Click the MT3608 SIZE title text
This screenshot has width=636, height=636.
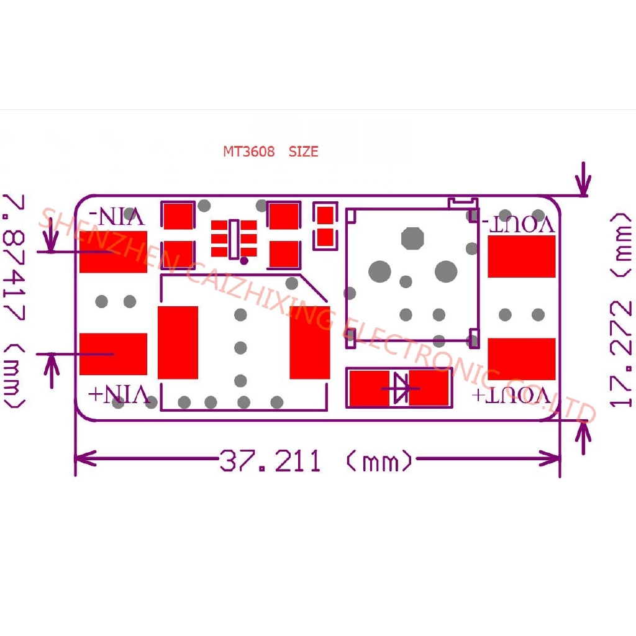coord(271,152)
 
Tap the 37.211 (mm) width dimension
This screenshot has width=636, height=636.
coord(316,461)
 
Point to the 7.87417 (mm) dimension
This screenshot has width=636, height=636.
coord(14,301)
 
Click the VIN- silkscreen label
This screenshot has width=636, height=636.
coord(119,217)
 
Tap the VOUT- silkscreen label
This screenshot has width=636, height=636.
coord(519,224)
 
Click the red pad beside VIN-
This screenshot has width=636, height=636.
coord(113,252)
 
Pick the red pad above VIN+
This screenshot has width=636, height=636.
coord(113,354)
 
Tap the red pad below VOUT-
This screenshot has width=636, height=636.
coord(521,257)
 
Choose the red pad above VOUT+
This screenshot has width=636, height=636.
coord(521,359)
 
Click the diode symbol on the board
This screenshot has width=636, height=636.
coord(399,388)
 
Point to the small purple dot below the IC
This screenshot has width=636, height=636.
coord(244,260)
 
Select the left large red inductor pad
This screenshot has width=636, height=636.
coord(178,342)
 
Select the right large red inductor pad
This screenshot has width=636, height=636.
coord(309,342)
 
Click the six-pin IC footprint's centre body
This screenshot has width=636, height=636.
coord(234,239)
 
